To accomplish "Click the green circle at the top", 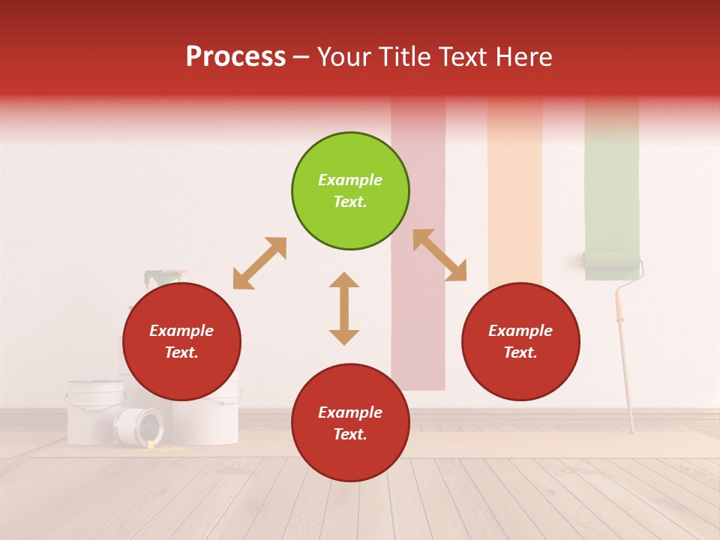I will pos(350,191).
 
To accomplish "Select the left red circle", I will pos(181,342).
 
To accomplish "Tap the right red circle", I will pos(520,342).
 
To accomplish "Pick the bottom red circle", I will pos(350,423).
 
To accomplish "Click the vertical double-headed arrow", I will pos(344,308).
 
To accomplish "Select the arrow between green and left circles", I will pos(259,263).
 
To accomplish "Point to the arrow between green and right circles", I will pos(439,255).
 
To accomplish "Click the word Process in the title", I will pos(235,57).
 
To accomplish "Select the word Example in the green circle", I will pos(350,180).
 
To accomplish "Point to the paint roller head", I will pos(612,262).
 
